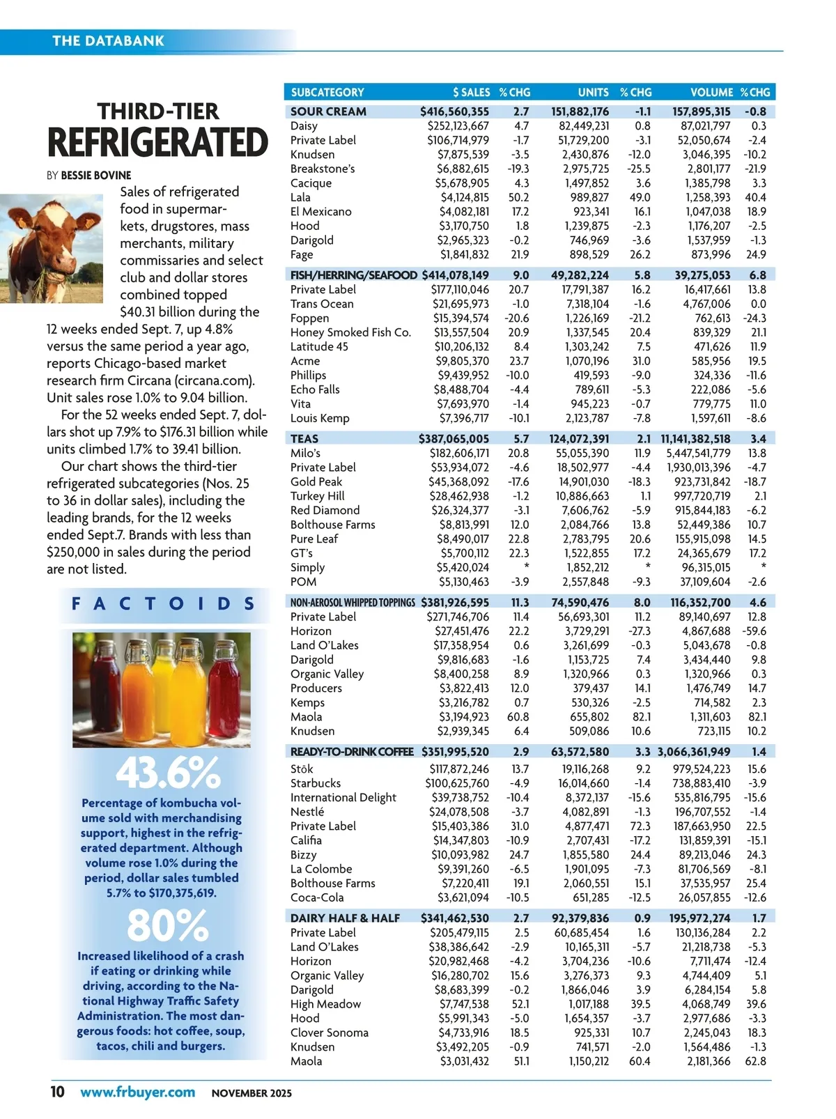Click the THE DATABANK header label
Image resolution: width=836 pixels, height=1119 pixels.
(108, 40)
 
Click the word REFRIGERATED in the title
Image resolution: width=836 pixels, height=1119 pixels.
(158, 143)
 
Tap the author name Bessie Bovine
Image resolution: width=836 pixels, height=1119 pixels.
(96, 175)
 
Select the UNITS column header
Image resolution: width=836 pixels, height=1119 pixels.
(593, 92)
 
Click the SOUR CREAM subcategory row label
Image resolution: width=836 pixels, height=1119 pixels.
(328, 111)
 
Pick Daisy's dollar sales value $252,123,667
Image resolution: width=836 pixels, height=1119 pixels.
(458, 126)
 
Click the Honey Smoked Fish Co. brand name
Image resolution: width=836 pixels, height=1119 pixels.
(350, 332)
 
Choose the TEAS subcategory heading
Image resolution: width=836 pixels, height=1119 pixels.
(304, 438)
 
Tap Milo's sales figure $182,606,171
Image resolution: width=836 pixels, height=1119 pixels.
(458, 453)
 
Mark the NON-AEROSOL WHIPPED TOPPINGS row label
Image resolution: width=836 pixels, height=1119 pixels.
(353, 602)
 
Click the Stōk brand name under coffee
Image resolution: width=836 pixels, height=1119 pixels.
(302, 769)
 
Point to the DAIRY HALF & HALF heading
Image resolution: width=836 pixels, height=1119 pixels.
(345, 918)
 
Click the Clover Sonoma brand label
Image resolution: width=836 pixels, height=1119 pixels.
(330, 1033)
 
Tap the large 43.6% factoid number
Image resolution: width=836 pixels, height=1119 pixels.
(168, 773)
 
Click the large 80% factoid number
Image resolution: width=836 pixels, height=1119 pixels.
(167, 926)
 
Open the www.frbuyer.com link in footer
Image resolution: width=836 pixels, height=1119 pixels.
(137, 1092)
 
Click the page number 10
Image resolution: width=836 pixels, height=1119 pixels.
(57, 1091)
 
